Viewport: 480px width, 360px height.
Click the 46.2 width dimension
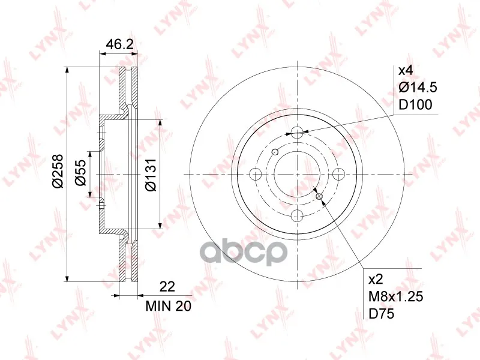click(119, 44)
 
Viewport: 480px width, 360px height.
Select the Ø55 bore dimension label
click(81, 173)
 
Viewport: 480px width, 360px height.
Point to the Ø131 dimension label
click(151, 175)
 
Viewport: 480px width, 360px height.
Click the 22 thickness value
click(167, 287)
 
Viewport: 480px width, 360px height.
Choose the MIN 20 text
click(169, 306)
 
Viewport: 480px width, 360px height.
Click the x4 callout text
click(406, 71)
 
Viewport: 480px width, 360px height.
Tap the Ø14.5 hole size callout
click(418, 88)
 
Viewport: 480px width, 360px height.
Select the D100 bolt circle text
click(415, 104)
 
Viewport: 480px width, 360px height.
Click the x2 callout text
click(376, 280)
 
